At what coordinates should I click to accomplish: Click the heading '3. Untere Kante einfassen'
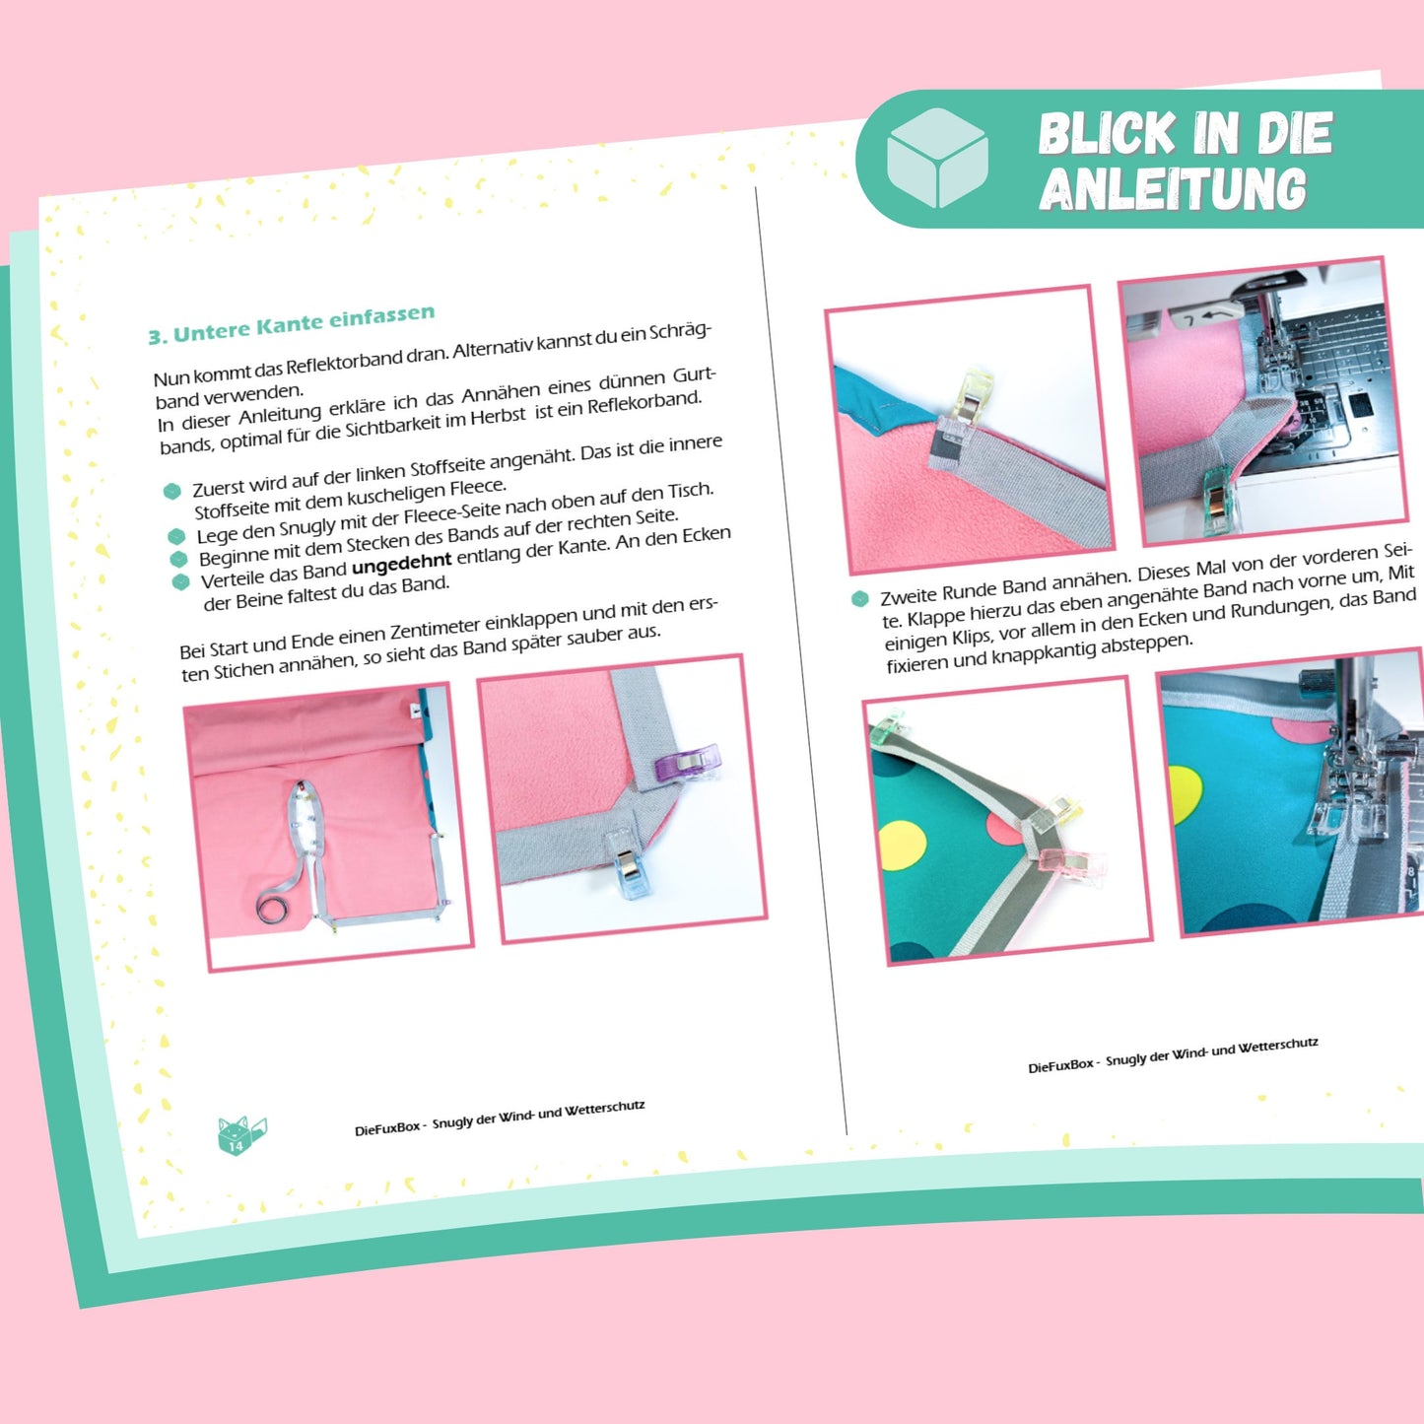point(291,324)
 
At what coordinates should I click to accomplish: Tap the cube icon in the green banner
point(937,158)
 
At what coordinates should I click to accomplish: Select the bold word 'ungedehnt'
point(401,564)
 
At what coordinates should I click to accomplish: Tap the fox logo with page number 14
point(240,1133)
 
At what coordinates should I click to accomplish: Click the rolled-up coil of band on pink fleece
point(273,906)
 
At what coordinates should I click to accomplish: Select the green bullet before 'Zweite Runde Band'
point(859,598)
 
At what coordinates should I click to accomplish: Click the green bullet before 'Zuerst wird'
point(172,492)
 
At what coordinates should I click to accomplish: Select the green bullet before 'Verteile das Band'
point(181,582)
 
